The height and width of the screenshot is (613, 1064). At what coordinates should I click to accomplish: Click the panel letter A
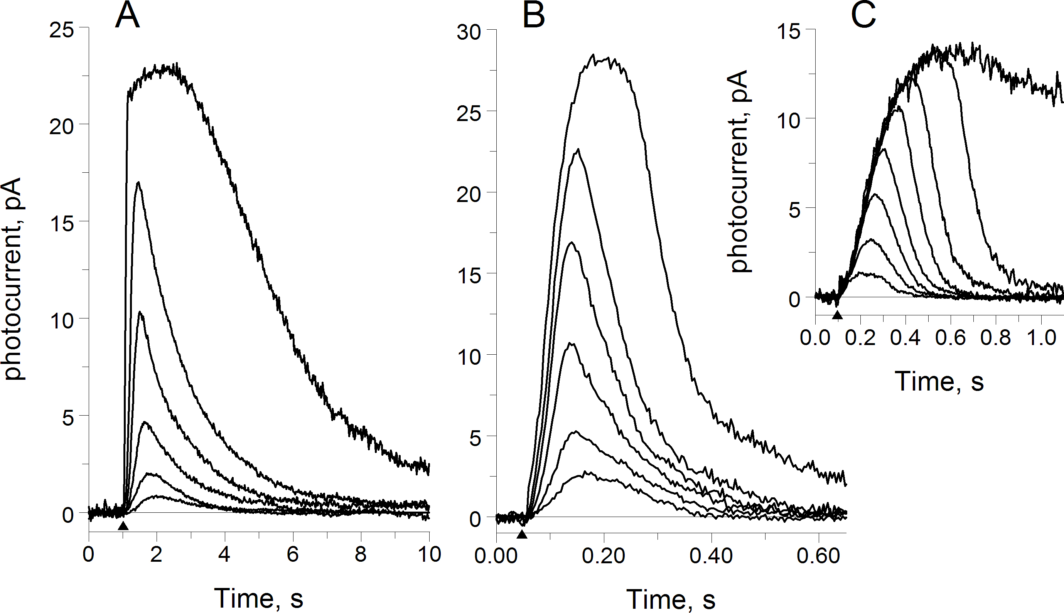click(127, 15)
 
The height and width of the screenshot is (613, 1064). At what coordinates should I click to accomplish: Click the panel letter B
click(533, 17)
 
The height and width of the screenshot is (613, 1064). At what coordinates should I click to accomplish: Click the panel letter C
click(863, 15)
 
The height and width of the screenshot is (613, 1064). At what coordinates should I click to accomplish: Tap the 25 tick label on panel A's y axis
click(61, 30)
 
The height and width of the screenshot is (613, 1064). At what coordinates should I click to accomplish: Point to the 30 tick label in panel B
click(469, 32)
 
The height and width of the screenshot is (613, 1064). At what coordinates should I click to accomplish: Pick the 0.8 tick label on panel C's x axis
click(995, 338)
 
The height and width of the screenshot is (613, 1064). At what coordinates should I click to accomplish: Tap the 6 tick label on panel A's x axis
click(293, 554)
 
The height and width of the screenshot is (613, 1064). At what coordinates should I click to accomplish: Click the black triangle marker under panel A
click(123, 526)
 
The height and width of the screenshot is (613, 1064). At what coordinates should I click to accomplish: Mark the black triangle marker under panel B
click(522, 535)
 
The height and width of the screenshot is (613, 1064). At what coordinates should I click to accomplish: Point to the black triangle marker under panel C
click(838, 315)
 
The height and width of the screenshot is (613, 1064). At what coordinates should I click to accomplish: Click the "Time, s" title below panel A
click(258, 598)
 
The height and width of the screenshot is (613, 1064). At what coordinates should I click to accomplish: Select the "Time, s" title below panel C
click(939, 381)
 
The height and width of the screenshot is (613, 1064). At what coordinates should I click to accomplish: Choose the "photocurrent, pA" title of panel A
click(13, 279)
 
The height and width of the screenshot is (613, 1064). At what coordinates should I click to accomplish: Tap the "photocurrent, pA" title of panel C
click(740, 171)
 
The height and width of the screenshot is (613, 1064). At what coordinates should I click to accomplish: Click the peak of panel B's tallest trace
click(593, 55)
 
